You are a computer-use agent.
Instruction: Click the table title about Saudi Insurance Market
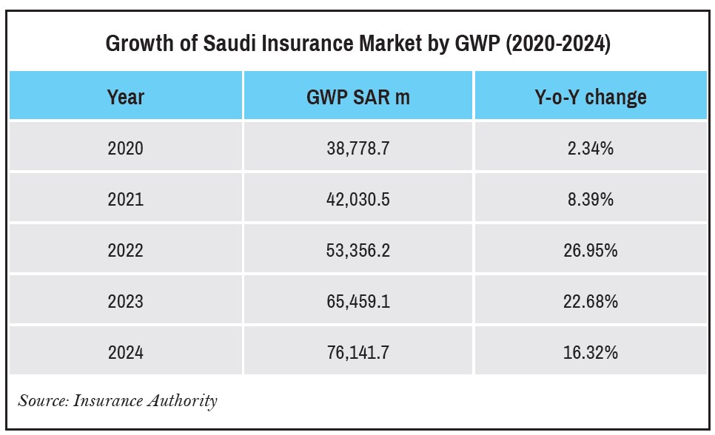click(357, 44)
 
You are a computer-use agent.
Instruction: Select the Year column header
click(126, 97)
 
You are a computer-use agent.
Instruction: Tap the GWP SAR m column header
click(357, 97)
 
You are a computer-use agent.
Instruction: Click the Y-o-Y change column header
click(590, 97)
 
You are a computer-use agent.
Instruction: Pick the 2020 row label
click(126, 149)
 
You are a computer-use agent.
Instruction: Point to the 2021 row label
click(126, 200)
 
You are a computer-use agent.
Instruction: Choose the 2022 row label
click(126, 251)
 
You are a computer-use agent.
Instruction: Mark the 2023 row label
click(126, 302)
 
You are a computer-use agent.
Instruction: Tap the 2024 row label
click(126, 352)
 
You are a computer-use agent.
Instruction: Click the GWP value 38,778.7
click(357, 149)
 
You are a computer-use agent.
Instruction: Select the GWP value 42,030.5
click(357, 200)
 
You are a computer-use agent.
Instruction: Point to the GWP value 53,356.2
click(357, 251)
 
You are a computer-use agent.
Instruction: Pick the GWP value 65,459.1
click(357, 302)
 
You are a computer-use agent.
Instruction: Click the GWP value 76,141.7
click(357, 352)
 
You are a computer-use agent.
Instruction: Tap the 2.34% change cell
click(590, 149)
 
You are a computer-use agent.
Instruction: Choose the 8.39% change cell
click(590, 200)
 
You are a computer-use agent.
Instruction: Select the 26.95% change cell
click(590, 251)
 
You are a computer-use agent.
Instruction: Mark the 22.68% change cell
click(590, 302)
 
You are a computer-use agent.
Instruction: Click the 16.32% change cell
click(590, 352)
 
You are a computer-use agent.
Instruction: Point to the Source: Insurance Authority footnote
click(118, 401)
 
